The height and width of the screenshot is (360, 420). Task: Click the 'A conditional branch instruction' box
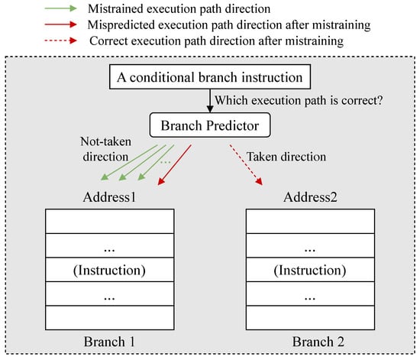(210, 76)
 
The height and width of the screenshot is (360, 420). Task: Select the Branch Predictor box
(210, 125)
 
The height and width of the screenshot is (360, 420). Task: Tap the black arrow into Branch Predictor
(210, 101)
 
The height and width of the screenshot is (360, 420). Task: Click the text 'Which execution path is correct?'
(299, 101)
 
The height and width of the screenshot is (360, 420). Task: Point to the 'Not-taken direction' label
(106, 149)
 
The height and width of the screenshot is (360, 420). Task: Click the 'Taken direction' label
(286, 157)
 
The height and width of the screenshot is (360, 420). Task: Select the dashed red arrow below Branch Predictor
(246, 165)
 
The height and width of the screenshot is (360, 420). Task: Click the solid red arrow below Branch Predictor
(174, 165)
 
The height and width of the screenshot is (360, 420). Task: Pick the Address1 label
(109, 197)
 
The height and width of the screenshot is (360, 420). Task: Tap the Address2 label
(310, 197)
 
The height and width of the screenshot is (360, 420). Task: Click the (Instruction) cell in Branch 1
(109, 270)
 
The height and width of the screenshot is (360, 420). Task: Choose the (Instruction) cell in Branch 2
(310, 270)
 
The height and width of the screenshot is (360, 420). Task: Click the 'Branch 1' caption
(109, 342)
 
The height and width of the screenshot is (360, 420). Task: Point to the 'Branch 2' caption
(318, 342)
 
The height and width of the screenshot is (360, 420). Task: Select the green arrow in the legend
(60, 8)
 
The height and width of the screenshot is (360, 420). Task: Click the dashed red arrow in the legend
(60, 41)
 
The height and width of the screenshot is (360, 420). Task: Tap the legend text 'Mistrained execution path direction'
(179, 9)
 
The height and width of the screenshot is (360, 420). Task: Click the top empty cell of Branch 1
(109, 222)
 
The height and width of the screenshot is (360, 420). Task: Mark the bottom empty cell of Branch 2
(310, 318)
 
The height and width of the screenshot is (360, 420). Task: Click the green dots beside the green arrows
(165, 162)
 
